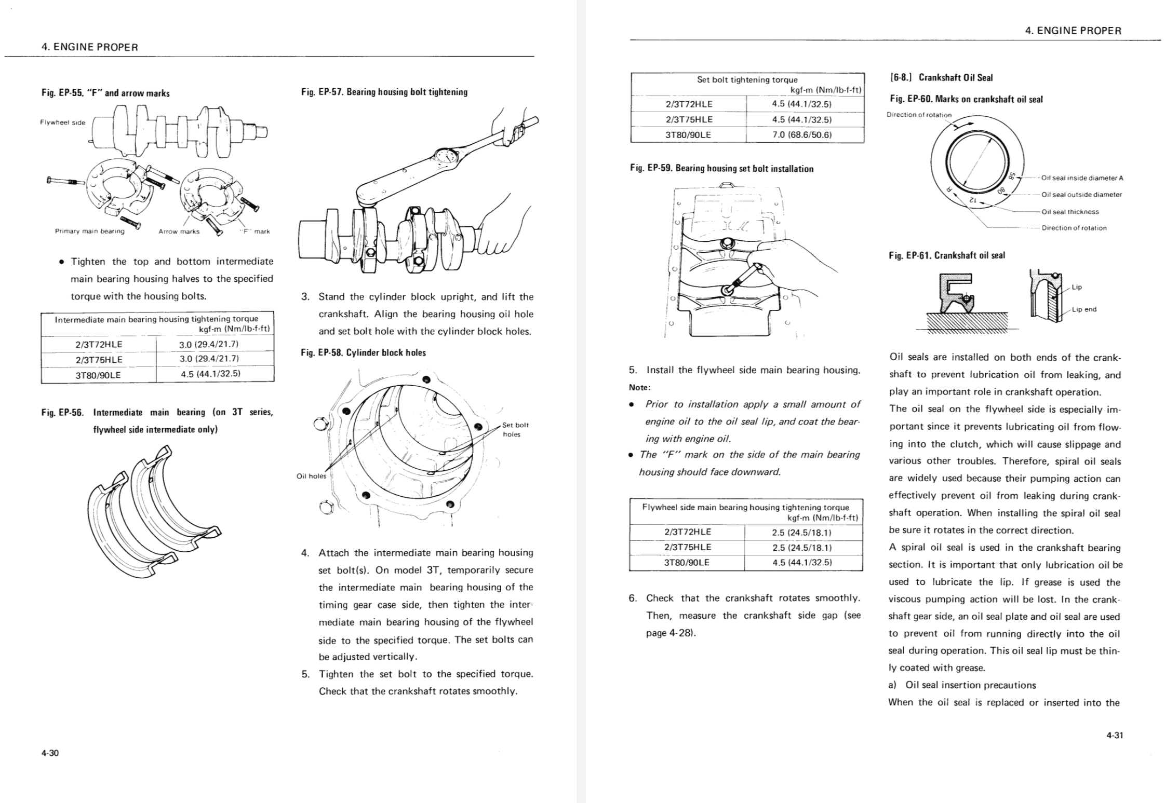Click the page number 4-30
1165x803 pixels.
click(50, 753)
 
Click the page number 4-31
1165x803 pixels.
click(1115, 735)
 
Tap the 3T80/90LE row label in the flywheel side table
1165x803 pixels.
click(687, 562)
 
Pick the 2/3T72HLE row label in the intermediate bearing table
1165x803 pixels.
click(99, 344)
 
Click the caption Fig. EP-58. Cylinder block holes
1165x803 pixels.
click(363, 353)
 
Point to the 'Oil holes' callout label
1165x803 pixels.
click(311, 476)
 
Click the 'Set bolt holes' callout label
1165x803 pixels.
click(515, 429)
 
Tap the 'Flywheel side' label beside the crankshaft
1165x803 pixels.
click(63, 123)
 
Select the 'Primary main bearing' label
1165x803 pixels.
click(90, 232)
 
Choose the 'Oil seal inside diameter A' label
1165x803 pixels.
click(1082, 178)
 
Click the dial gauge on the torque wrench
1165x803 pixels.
click(445, 156)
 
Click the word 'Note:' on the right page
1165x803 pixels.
click(639, 387)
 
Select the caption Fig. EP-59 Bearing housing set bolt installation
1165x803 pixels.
click(721, 169)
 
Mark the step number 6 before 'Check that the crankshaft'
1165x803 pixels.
click(632, 598)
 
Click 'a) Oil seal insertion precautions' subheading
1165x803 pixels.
click(962, 685)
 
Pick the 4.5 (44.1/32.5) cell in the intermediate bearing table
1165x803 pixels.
click(210, 373)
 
